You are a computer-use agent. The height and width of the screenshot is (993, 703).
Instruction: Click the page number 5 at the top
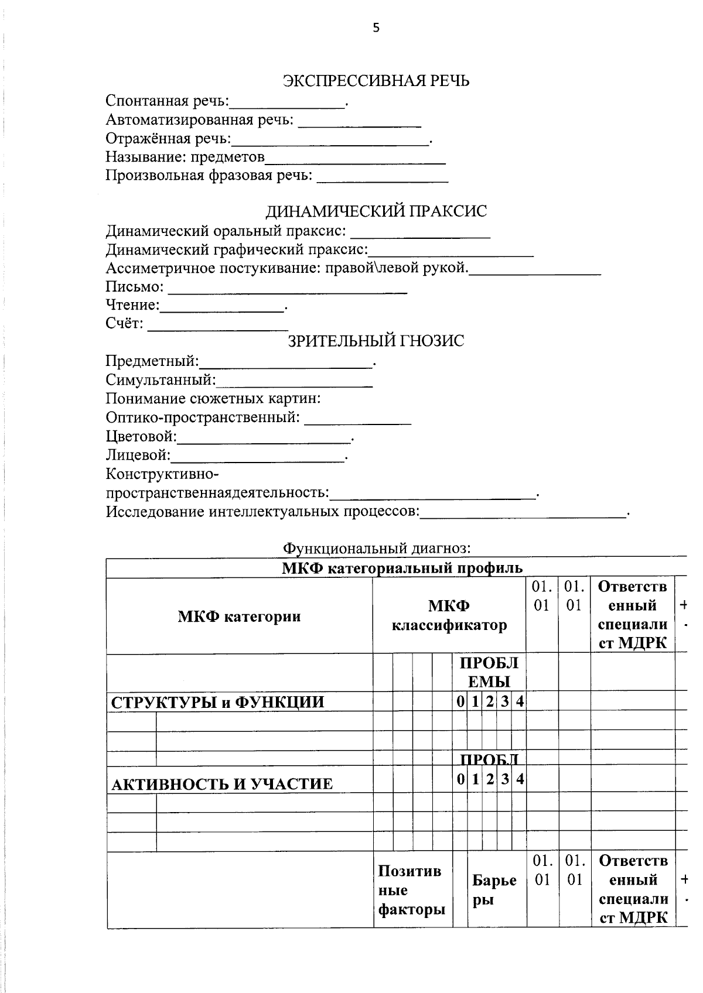coord(376,28)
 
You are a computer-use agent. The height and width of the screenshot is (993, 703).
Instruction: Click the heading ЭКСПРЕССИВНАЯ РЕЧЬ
coord(376,81)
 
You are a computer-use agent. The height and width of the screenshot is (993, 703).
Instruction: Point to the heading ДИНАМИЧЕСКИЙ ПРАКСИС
coord(376,211)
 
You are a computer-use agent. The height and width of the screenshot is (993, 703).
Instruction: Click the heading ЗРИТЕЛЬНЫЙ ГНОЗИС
coord(376,341)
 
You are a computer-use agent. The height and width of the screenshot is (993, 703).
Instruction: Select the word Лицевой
coord(137,455)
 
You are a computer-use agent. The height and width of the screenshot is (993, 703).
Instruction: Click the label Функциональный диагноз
coord(376,548)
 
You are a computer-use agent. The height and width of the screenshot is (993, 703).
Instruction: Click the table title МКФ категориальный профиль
coord(402,567)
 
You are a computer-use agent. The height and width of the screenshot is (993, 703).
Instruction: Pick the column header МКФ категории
coord(239,616)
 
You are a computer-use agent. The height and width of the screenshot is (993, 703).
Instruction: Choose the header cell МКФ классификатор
coord(449,616)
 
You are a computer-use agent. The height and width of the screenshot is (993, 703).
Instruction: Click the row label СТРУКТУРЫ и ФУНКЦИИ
coord(217,702)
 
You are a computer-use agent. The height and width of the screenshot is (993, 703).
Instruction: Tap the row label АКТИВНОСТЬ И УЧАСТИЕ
coord(222,784)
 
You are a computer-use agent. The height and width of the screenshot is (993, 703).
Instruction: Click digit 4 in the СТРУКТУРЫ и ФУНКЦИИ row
coord(519,701)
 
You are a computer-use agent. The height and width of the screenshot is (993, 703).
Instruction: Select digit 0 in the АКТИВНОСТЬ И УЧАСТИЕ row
coord(461,779)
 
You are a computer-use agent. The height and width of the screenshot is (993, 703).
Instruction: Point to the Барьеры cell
coord(494,890)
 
